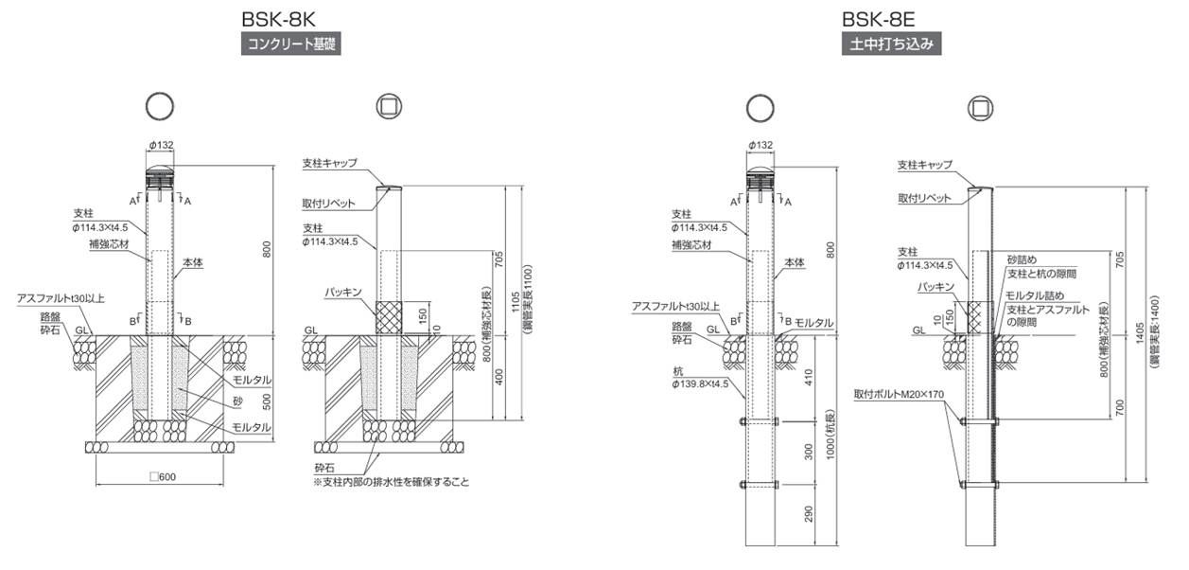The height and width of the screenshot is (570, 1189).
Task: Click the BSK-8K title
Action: click(x=278, y=19)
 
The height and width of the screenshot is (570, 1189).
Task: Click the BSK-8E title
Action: click(x=879, y=19)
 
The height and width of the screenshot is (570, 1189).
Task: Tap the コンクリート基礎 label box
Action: click(x=291, y=44)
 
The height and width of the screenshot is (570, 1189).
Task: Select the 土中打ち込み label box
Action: click(x=891, y=44)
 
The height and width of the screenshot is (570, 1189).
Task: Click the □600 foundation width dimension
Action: click(x=163, y=476)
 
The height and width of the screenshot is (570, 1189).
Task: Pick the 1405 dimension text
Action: click(x=1140, y=333)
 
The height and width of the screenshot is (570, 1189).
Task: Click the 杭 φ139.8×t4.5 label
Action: click(x=700, y=377)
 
